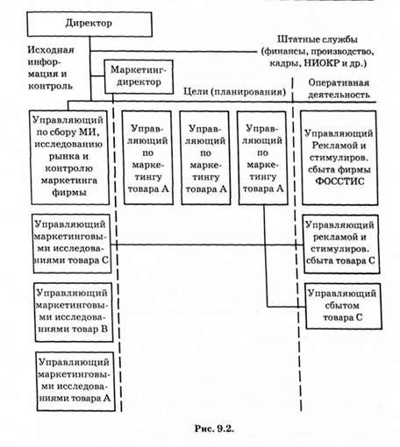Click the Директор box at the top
89,25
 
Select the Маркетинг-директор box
139,77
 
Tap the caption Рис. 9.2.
214,429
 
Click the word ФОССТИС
340,181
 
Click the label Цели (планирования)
234,92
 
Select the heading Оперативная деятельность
339,89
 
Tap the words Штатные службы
318,39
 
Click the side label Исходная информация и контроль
51,67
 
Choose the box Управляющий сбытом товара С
343,306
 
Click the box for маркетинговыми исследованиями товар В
74,312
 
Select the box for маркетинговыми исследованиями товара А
75,381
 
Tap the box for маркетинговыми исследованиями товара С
72,244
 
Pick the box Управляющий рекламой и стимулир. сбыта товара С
341,244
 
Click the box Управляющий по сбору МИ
69,157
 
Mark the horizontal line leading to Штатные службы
173,52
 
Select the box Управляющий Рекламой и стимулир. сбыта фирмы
339,158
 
